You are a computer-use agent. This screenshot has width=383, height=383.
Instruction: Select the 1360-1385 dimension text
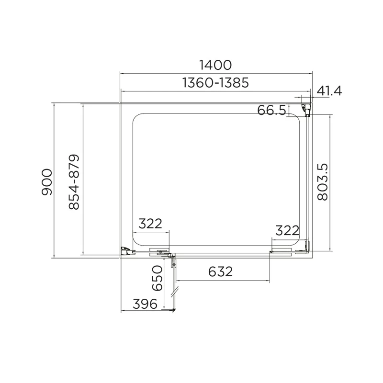tap(215, 83)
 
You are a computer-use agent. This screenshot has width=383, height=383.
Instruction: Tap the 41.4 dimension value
tap(329, 91)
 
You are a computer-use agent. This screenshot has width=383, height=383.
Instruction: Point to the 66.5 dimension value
tap(271, 111)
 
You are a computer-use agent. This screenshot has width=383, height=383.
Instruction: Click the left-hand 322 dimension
tap(151, 224)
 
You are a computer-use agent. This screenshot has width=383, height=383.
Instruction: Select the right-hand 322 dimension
tap(288, 230)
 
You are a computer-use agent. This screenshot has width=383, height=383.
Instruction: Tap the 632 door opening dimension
tap(221, 271)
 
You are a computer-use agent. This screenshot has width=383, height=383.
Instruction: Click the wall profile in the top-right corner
tap(306, 110)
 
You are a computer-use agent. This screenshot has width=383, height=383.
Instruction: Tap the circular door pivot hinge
tap(170, 257)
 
